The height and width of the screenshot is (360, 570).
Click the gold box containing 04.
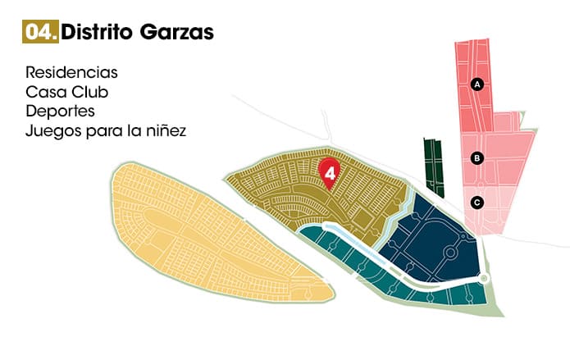click(40, 32)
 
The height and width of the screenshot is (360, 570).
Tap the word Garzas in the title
click(180, 32)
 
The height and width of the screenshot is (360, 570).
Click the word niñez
click(164, 130)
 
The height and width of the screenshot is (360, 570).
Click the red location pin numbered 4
click(329, 172)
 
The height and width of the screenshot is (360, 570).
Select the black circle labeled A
click(477, 84)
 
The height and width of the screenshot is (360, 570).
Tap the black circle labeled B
click(477, 159)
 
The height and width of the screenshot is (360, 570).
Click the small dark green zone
click(433, 164)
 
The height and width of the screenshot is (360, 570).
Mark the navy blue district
click(426, 238)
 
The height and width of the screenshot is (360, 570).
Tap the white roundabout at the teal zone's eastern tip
click(484, 279)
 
